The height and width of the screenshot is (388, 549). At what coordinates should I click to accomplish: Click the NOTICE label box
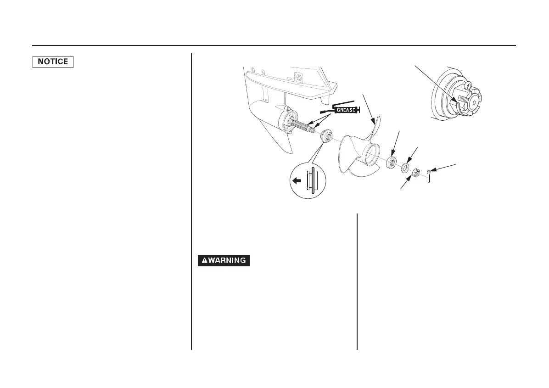53,62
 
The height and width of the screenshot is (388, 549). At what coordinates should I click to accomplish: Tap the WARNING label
224,260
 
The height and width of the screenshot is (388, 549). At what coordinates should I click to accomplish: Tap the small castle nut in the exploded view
415,174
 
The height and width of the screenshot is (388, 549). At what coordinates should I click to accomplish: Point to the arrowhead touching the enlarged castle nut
454,99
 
